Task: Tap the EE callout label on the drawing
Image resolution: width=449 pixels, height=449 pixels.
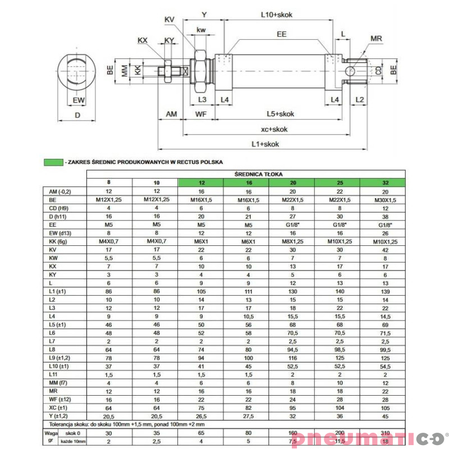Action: point(281,34)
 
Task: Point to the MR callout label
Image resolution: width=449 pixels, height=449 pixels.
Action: point(377,39)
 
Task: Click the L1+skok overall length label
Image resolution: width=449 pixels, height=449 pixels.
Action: point(265,144)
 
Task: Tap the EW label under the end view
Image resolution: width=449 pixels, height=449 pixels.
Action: point(79,100)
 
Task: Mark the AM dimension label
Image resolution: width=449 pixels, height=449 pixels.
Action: point(171,114)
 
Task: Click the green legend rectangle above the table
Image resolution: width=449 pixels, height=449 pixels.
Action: point(53,162)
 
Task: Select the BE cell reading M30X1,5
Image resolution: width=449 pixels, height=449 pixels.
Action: point(382,200)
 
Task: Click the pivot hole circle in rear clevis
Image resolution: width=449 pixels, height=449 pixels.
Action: point(350,71)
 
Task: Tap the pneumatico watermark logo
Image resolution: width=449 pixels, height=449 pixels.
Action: point(367,438)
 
